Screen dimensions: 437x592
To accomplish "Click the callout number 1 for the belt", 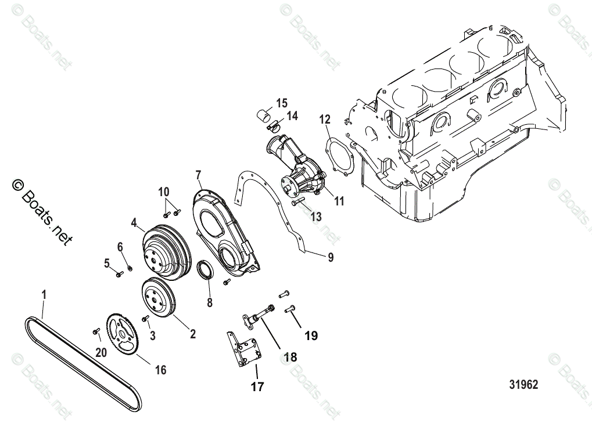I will click(x=44, y=295).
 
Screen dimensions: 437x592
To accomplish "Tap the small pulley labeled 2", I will click(x=158, y=298).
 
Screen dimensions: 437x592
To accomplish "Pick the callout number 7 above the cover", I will click(x=198, y=175).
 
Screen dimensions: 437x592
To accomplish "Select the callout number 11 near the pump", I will click(x=339, y=201).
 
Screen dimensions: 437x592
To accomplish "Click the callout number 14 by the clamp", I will click(x=292, y=116).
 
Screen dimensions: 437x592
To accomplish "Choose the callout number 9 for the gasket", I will click(x=331, y=257).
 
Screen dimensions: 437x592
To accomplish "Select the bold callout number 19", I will click(x=311, y=335).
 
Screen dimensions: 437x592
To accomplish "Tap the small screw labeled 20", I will click(x=95, y=331).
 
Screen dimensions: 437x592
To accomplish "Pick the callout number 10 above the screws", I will click(x=164, y=191).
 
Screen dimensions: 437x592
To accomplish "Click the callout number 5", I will click(x=107, y=263).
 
